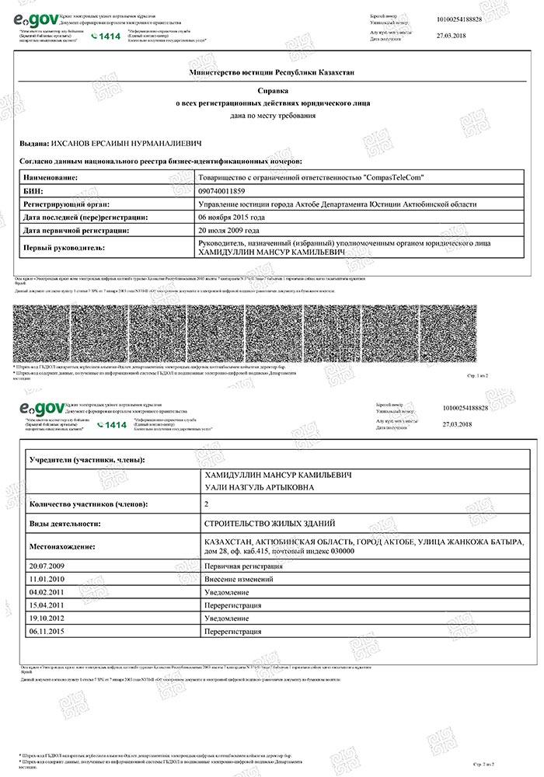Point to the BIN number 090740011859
221,190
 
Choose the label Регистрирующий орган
65,204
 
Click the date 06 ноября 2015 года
232,217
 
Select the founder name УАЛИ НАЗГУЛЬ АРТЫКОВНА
259,487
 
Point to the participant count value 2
205,504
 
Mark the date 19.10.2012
46,618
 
